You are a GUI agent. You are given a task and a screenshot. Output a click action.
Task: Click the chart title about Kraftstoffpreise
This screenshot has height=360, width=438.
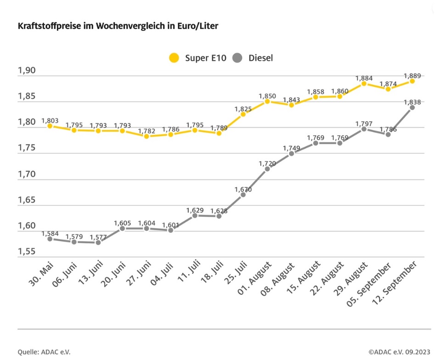(x=118, y=26)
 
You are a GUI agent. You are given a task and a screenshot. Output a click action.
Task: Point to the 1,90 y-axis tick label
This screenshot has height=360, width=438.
(x=26, y=70)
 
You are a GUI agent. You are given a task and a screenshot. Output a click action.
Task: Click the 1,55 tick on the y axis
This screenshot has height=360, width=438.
(x=26, y=252)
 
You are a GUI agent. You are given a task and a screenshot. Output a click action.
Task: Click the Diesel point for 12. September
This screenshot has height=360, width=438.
(x=412, y=107)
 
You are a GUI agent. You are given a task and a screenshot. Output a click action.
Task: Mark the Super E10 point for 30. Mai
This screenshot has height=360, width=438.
(x=50, y=126)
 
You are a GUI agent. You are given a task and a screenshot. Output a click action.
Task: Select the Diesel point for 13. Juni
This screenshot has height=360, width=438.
(x=98, y=242)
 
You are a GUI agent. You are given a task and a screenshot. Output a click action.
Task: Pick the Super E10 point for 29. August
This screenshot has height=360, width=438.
(x=364, y=84)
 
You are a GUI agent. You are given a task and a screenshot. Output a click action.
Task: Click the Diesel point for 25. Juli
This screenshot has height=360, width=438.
(x=243, y=194)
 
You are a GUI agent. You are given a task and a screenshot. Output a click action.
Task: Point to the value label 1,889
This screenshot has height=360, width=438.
(x=412, y=76)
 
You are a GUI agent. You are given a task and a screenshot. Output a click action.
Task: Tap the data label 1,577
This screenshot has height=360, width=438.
(x=98, y=237)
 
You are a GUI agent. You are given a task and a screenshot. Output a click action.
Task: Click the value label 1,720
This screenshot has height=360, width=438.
(x=267, y=163)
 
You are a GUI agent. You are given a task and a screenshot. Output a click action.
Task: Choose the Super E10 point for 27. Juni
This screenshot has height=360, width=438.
(x=146, y=136)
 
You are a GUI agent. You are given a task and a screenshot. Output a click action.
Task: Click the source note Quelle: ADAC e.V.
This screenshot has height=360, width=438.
(x=44, y=352)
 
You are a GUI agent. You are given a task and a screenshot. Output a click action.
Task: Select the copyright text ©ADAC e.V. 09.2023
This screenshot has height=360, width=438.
(x=399, y=352)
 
